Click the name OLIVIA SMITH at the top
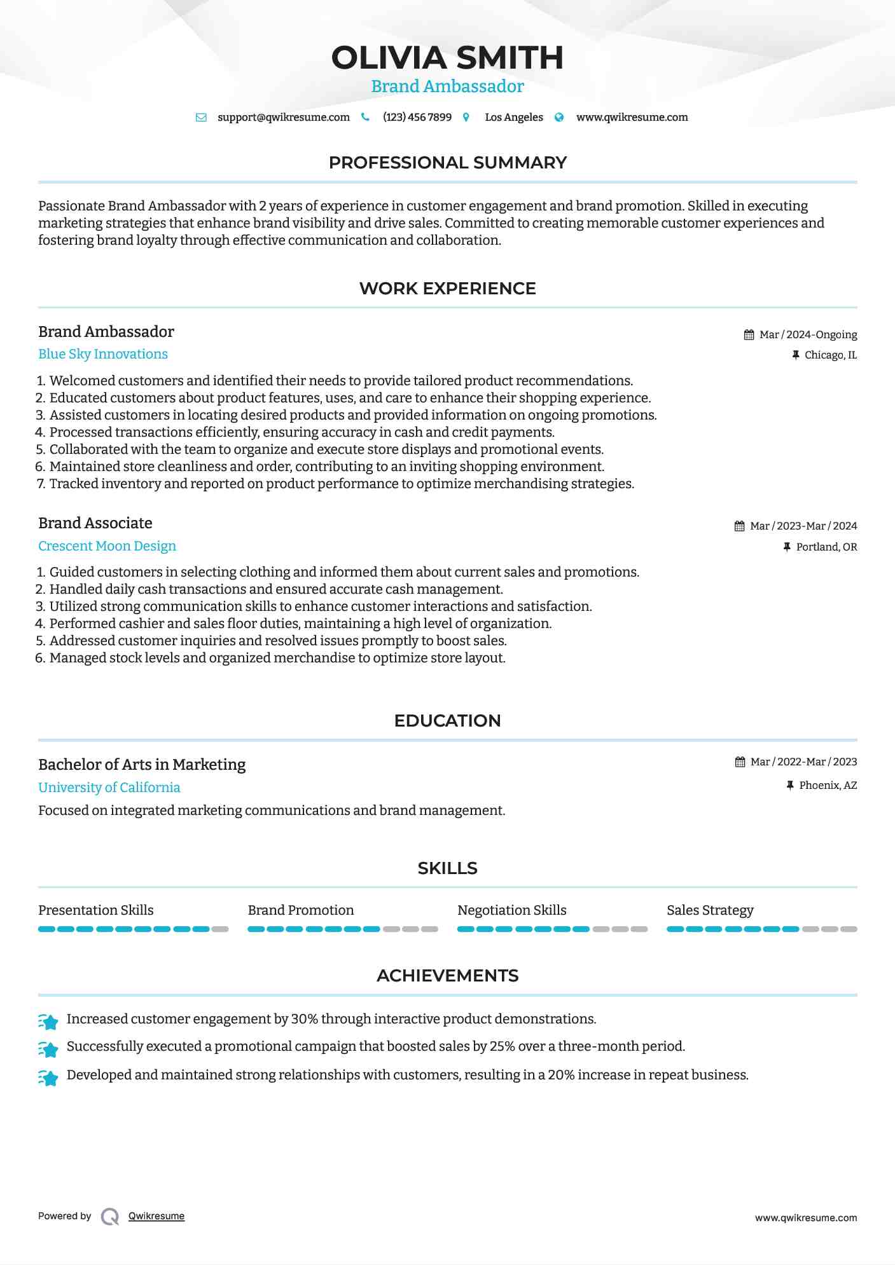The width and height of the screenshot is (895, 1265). coord(447,58)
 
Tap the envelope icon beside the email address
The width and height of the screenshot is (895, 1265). coord(201,118)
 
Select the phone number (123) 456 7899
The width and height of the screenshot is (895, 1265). coord(417,118)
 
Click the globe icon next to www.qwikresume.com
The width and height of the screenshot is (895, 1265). coord(559,118)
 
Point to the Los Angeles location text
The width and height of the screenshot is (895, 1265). coord(513,118)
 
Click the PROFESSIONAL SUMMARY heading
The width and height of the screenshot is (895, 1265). coord(447,163)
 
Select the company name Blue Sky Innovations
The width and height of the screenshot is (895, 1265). coord(103,354)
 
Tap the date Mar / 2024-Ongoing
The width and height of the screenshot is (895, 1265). coord(808,335)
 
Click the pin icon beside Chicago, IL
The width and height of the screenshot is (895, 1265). coord(795,355)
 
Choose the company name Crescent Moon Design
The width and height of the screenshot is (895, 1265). coord(107,546)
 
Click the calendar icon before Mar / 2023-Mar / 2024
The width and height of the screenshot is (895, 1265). coord(739,526)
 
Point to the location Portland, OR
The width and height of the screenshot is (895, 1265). coord(826,547)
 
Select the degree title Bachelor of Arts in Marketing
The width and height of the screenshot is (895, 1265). coord(142,765)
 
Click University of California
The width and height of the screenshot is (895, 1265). coord(109,788)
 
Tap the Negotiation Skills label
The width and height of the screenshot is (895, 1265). coord(511,910)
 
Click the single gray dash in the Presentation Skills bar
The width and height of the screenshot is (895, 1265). coord(220,929)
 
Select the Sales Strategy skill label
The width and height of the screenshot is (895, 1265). coord(710,910)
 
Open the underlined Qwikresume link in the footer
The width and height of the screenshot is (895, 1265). coord(156,1216)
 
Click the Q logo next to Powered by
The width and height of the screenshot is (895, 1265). coord(110,1217)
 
